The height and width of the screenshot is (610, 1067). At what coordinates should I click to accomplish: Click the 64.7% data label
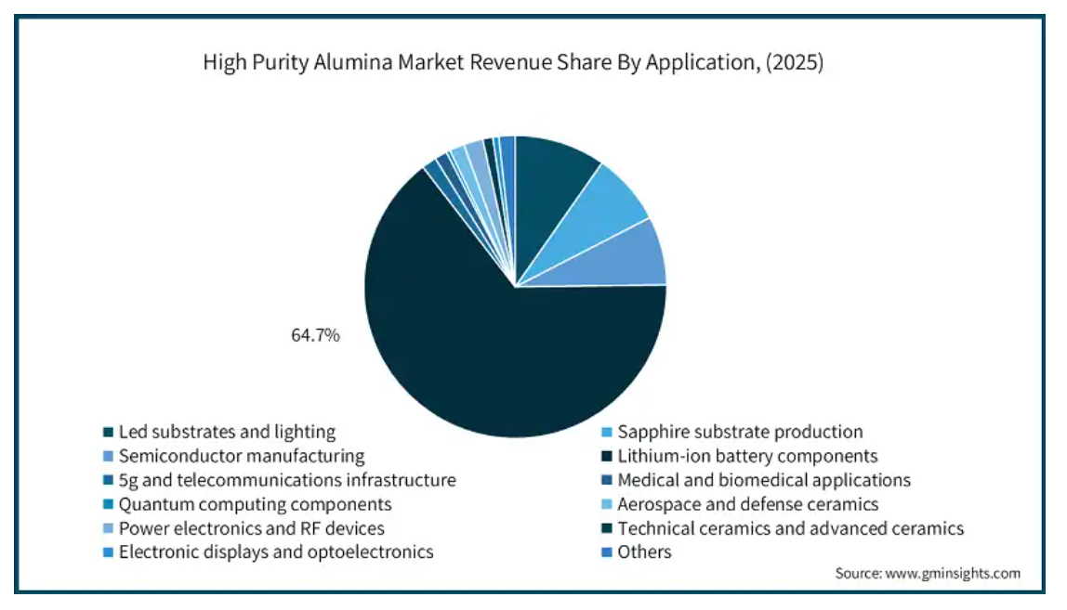coord(316,335)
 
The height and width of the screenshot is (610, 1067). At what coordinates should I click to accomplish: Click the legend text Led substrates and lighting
coord(227,432)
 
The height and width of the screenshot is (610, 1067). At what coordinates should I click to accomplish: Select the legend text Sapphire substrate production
coord(740,432)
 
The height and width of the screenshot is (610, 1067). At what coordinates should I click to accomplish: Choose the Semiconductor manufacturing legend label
coord(242,456)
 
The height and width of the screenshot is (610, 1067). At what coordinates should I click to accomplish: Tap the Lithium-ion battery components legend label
coord(747,456)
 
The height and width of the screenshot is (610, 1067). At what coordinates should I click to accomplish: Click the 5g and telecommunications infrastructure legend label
coord(287,480)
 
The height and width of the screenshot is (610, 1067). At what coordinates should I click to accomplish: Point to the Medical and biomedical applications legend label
coord(764,480)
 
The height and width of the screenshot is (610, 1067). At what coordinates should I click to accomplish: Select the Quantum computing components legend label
coord(255,504)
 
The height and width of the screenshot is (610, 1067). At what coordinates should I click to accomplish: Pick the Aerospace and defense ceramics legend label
coord(748,504)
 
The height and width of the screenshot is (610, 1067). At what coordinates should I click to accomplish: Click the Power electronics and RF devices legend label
coord(252,528)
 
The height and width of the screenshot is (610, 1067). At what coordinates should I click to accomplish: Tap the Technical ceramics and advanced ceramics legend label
coord(790,528)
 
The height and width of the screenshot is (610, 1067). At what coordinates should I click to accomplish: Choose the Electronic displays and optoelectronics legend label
coord(276,552)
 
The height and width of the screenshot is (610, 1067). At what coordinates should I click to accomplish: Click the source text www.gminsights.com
coord(950,573)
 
